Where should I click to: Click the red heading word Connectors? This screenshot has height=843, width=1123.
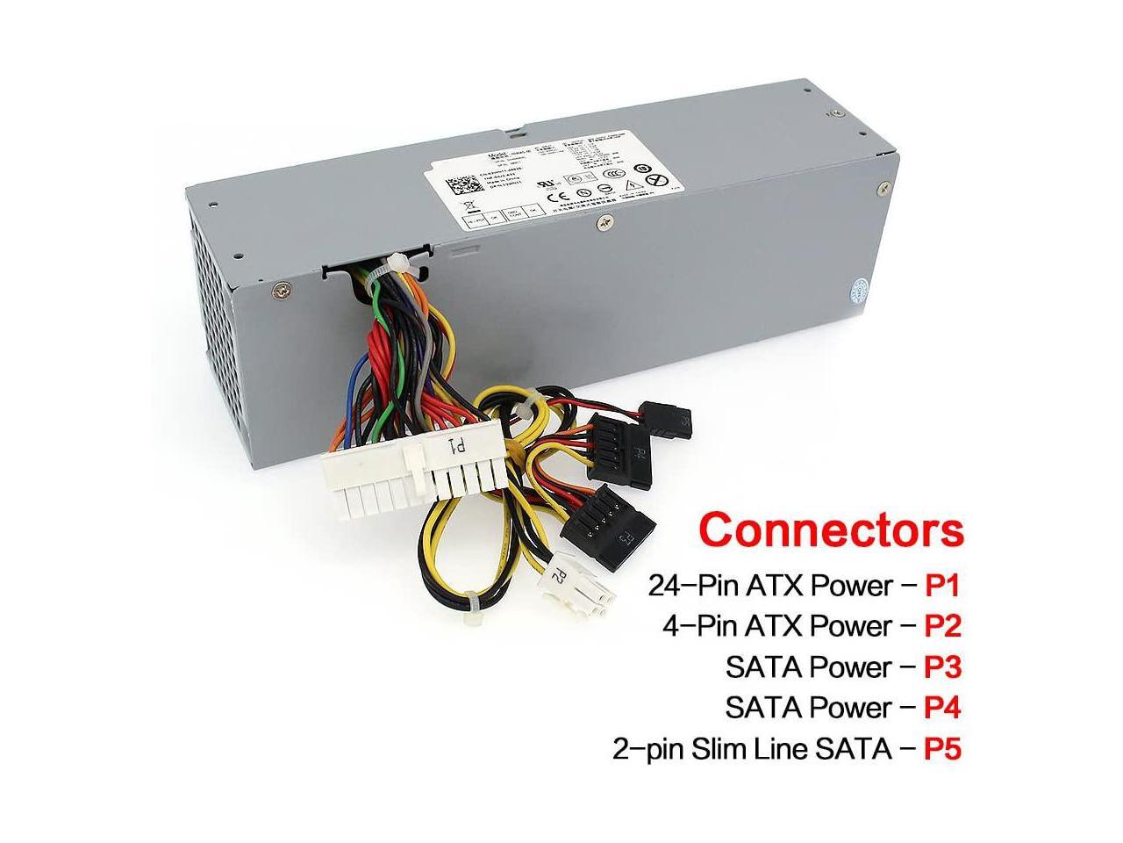(x=831, y=530)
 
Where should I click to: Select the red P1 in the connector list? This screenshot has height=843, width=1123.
(x=943, y=584)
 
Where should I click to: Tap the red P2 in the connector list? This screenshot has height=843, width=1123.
(x=943, y=625)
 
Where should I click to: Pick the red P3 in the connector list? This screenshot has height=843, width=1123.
(x=943, y=666)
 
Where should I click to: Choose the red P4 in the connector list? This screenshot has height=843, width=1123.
(x=943, y=708)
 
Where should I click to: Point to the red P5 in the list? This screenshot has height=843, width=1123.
(x=943, y=749)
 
